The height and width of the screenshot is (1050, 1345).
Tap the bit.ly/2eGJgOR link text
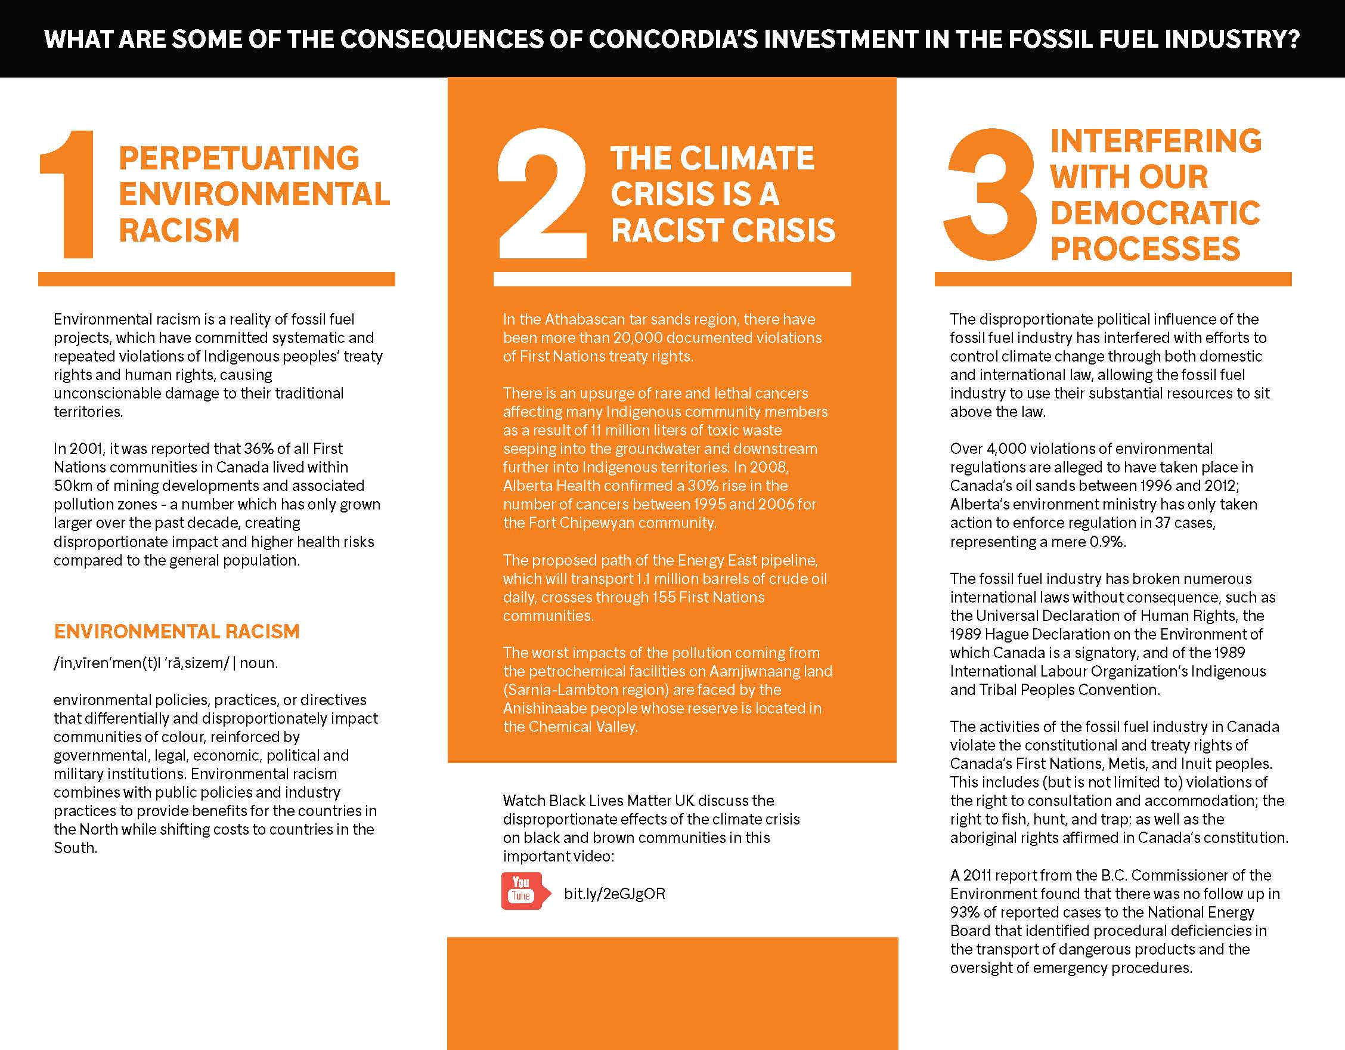coord(614,894)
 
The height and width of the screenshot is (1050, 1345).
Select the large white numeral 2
coord(541,193)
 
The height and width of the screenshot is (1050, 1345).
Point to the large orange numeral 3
coord(990,193)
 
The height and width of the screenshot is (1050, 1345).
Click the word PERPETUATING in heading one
coord(239,158)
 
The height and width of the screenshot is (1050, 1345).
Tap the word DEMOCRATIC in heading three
coord(1155,212)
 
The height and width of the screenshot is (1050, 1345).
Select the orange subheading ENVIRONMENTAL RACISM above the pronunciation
coord(176,632)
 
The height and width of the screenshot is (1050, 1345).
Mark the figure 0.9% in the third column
coord(1107,542)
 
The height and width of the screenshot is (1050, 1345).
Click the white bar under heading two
coord(672,279)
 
